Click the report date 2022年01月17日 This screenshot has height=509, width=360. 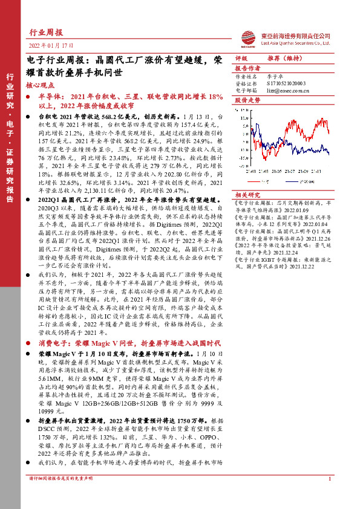[x=51, y=46]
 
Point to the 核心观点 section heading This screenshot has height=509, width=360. [x=41, y=86]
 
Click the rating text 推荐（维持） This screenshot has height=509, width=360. [x=284, y=59]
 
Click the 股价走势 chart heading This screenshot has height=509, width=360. [x=247, y=100]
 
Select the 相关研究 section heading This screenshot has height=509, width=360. [x=247, y=195]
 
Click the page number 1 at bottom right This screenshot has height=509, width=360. [x=329, y=496]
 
